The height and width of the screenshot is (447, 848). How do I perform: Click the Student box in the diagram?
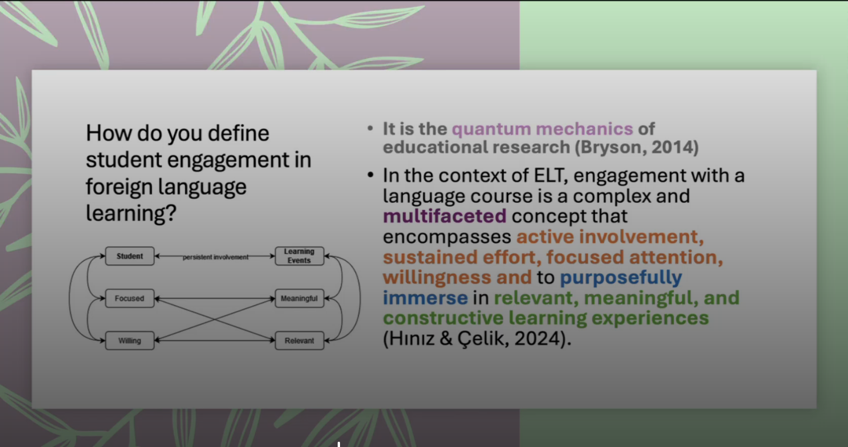point(130,256)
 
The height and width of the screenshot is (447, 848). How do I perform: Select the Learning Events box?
point(300,256)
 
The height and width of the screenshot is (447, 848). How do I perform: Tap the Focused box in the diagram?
point(130,299)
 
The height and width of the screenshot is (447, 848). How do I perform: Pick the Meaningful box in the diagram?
point(300,299)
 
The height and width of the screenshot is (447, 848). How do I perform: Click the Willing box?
point(130,341)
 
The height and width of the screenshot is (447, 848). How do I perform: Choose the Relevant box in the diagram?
point(300,341)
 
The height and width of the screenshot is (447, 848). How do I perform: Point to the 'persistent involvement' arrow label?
point(216,257)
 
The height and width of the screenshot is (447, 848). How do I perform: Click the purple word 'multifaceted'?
point(445,216)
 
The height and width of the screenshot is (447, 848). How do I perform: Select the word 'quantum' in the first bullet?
point(492,130)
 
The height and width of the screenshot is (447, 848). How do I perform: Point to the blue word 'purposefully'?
point(621,278)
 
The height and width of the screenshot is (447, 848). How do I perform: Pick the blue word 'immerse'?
point(425,298)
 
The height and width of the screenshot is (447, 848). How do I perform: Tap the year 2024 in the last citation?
point(537,338)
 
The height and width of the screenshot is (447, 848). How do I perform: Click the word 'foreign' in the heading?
point(119,187)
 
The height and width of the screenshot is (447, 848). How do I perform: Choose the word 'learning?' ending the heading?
point(131,214)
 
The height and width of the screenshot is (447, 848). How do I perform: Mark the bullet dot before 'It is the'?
point(370,128)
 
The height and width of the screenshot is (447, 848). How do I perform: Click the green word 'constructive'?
point(443,318)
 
